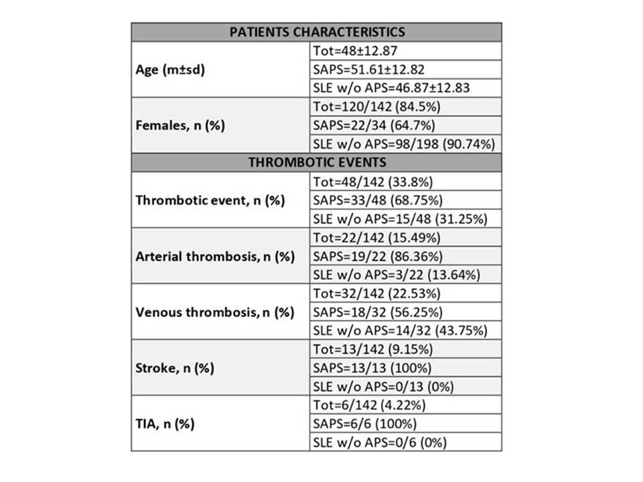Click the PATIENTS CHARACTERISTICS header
click(x=316, y=32)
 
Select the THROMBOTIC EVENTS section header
click(x=316, y=162)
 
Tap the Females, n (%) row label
click(x=180, y=125)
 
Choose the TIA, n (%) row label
click(x=166, y=423)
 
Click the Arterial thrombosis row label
click(x=215, y=256)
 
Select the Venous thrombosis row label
click(x=214, y=312)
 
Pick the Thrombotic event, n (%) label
click(x=210, y=200)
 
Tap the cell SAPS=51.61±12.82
click(x=368, y=70)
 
